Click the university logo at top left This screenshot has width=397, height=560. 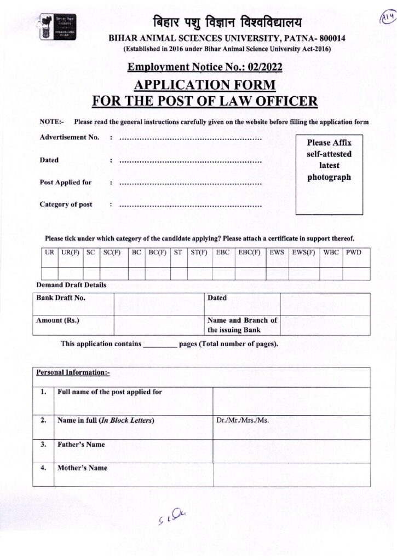[57, 27]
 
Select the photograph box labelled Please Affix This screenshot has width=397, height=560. [329, 174]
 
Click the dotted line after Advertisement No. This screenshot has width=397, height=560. [190, 138]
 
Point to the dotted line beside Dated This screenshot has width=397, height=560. [190, 161]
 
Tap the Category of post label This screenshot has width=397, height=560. [66, 205]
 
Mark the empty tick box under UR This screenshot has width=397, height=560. [50, 273]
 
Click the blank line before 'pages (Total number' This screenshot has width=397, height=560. [160, 345]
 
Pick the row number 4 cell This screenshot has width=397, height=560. [43, 468]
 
